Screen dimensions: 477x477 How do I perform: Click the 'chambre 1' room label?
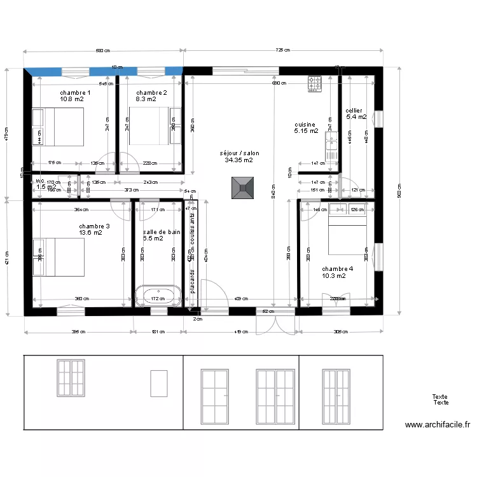[x=75, y=93]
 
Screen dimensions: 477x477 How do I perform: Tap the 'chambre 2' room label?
[x=151, y=93]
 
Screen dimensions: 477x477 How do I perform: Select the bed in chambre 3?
[x=58, y=257]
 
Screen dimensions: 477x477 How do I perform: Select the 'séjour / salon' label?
[x=239, y=153]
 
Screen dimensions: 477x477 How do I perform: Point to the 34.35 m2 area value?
[x=239, y=160]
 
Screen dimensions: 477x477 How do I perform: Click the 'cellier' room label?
[x=354, y=111]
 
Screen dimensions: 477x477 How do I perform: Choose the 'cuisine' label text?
[x=305, y=125]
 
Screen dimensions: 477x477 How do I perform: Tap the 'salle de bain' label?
[x=162, y=232]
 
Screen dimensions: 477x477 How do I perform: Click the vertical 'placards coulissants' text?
[x=192, y=254]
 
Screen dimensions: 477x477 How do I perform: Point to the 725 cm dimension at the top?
[x=284, y=50]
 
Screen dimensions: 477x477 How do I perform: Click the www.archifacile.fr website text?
[x=437, y=425]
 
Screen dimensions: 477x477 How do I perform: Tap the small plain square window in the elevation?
[x=158, y=384]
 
